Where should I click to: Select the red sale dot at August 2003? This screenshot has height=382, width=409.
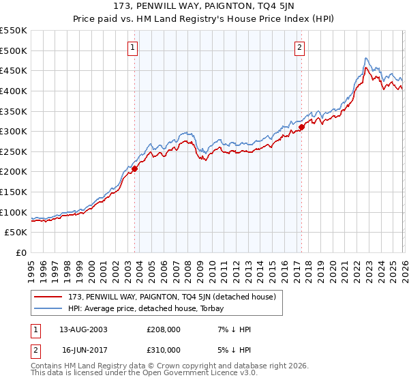[x=135, y=168]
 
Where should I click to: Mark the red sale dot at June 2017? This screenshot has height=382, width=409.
[x=301, y=127]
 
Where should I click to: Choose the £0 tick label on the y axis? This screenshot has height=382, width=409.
[x=22, y=252]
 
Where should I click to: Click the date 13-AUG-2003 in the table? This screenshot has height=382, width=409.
[x=84, y=329]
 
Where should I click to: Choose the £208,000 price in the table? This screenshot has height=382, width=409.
[x=163, y=329]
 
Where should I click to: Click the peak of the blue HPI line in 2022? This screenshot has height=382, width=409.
[x=366, y=59]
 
